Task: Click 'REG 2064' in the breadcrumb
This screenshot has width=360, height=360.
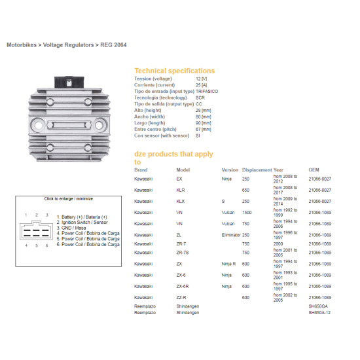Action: click(113, 45)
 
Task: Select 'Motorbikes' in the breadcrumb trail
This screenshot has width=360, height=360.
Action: click(22, 45)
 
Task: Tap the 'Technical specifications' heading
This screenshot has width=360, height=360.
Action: click(175, 71)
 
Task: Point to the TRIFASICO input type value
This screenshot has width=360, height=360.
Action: click(207, 92)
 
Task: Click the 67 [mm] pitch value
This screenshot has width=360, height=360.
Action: click(203, 129)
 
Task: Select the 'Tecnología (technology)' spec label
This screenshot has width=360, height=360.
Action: click(160, 98)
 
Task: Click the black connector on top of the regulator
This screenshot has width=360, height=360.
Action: click(69, 82)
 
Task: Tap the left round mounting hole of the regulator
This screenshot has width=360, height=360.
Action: click(38, 125)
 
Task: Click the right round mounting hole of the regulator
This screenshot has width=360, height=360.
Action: click(99, 125)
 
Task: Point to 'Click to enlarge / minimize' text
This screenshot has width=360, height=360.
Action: click(69, 198)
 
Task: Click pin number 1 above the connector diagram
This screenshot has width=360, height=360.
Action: click(26, 215)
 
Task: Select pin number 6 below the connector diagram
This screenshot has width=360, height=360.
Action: click(47, 245)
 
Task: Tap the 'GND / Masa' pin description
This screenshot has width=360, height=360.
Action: click(71, 228)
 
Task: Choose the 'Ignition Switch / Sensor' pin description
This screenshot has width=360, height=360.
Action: click(82, 223)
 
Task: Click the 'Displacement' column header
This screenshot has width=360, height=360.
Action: click(257, 170)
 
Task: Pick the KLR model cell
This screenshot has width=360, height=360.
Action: click(181, 190)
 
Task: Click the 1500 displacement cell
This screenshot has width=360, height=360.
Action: click(247, 212)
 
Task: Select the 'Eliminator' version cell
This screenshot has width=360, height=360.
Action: click(231, 235)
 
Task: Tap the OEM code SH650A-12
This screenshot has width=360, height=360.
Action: click(319, 312)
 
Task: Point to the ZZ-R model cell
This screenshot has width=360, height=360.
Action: click(181, 298)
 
